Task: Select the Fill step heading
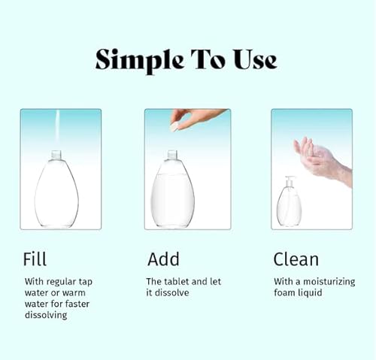click(x=35, y=260)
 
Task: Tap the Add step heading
click(x=163, y=260)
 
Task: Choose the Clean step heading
click(x=296, y=260)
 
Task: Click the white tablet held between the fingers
click(x=175, y=127)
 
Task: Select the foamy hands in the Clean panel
click(x=320, y=158)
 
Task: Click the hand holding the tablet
click(x=197, y=116)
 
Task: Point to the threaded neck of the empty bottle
click(x=56, y=155)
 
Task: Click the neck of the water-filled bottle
click(x=173, y=156)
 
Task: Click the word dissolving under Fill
click(x=46, y=315)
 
